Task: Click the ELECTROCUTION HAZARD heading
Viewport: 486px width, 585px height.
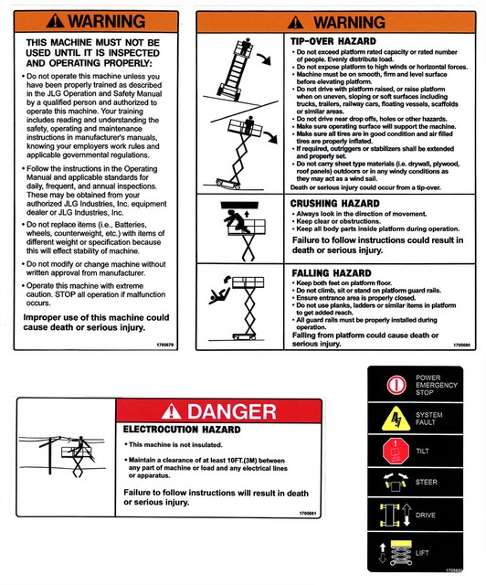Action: click(182, 429)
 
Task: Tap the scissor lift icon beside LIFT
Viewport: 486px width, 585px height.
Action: click(397, 551)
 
